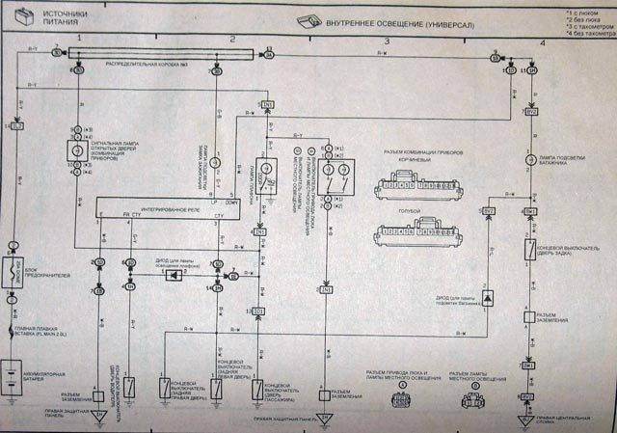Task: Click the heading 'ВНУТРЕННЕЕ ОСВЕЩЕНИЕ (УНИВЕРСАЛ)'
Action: pyautogui.click(x=406, y=19)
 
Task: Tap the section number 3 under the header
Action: pyautogui.click(x=387, y=41)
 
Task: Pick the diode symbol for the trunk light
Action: pyautogui.click(x=489, y=300)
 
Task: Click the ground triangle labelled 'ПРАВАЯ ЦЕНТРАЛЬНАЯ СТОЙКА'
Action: pyautogui.click(x=528, y=420)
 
